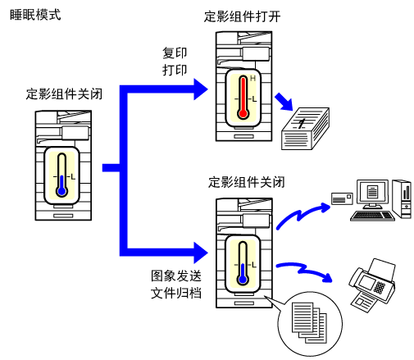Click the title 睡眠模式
pos(35,15)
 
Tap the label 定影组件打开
pos(242,16)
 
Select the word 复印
pos(175,53)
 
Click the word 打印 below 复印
pos(175,71)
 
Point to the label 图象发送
pos(176,276)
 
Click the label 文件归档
pos(176,293)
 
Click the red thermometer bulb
pos(243,113)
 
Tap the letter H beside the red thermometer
pos(252,79)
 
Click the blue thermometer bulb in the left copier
pos(62,191)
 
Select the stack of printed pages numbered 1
pos(305,129)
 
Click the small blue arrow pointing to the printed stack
pos(284,102)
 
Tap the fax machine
pos(372,285)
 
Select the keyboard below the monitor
pos(372,216)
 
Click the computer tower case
pos(402,198)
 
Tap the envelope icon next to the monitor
pos(342,198)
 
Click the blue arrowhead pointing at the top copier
pos(201,89)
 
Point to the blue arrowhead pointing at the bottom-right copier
pos(201,253)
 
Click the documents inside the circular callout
pos(309,322)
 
